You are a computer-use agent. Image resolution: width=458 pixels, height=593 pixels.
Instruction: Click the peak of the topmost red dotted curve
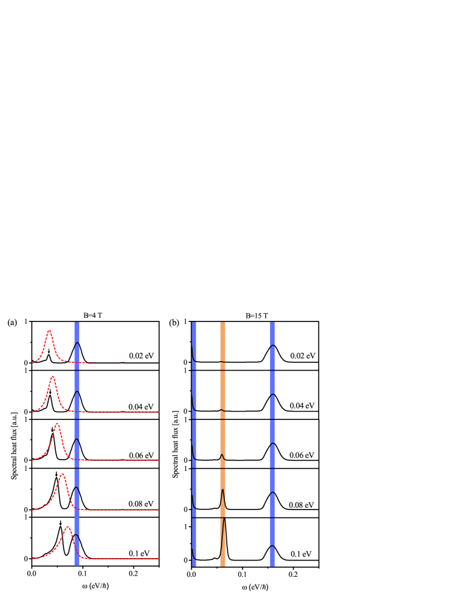pos(49,330)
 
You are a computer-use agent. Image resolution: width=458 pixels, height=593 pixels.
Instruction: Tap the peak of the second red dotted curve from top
pos(53,376)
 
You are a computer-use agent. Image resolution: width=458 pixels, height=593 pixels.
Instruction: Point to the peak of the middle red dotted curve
pos(57,424)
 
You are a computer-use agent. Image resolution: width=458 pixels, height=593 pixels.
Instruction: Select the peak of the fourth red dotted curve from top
pos(62,473)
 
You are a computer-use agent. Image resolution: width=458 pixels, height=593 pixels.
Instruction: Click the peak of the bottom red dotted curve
pos(68,527)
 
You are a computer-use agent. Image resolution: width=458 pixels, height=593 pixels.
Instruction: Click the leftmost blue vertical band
pos(77,444)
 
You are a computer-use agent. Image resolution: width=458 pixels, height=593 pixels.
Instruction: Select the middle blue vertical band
pos(194,444)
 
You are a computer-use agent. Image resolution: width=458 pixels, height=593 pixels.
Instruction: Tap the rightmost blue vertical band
pos(272,444)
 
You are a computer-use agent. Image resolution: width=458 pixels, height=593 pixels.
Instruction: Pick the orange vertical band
pos(223,444)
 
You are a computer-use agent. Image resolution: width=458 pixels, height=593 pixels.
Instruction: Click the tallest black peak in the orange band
pos(224,519)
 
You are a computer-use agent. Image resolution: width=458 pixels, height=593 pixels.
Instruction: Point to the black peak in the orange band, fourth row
pos(223,490)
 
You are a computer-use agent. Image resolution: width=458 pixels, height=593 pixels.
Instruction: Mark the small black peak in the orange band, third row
pos(221,455)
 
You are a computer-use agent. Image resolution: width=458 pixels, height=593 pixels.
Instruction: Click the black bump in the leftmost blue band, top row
pos(77,343)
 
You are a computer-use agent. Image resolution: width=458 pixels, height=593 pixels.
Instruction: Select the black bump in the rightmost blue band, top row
pos(273,346)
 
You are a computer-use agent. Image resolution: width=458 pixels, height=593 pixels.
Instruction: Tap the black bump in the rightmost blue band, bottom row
pos(272,546)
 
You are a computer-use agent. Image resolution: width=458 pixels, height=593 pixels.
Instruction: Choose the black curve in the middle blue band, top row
pos(193,352)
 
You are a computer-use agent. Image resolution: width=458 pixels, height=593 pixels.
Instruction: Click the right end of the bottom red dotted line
pos(158,559)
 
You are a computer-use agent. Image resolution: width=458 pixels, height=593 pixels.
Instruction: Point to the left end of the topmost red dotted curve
pos(32,363)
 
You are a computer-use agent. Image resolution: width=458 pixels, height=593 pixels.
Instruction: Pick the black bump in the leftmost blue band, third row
pos(77,440)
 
